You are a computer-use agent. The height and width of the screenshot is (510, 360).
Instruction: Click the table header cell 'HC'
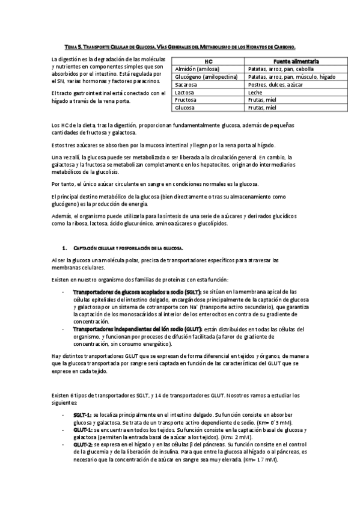(209, 61)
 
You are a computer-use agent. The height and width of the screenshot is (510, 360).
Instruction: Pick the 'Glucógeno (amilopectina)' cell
(206, 77)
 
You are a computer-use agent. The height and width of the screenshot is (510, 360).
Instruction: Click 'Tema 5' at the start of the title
(73, 46)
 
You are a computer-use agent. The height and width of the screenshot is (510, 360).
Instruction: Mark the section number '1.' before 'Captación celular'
(65, 248)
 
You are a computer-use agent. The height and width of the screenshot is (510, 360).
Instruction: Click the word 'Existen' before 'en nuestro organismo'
(62, 280)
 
